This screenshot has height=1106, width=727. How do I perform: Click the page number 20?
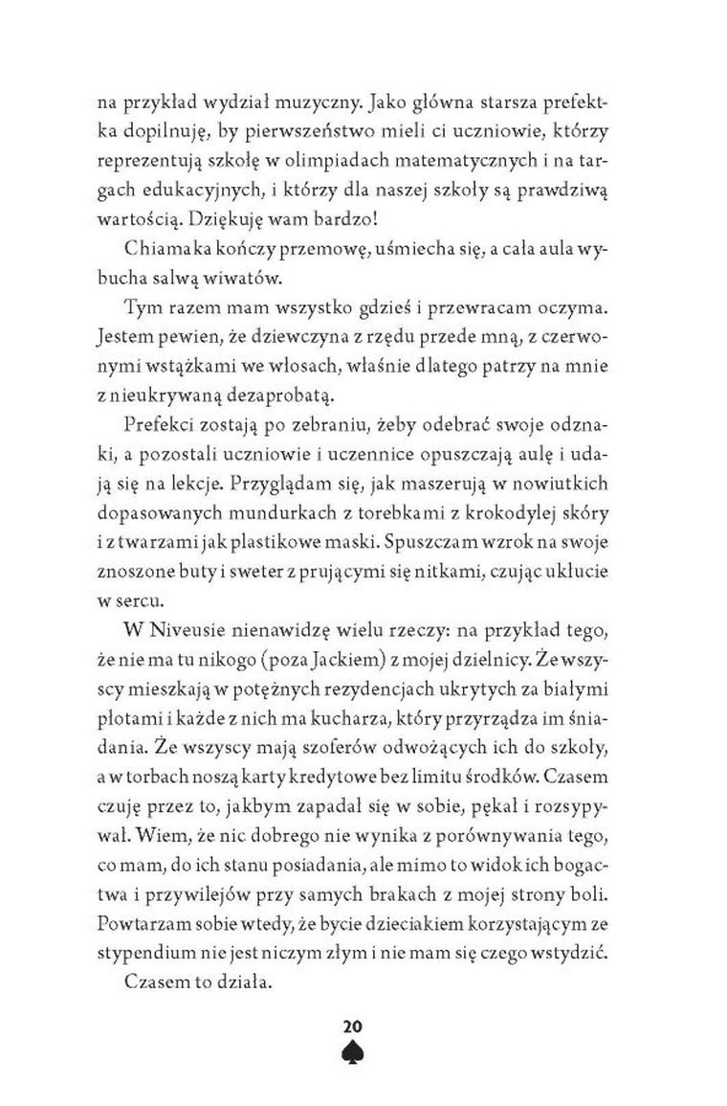(363, 1027)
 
